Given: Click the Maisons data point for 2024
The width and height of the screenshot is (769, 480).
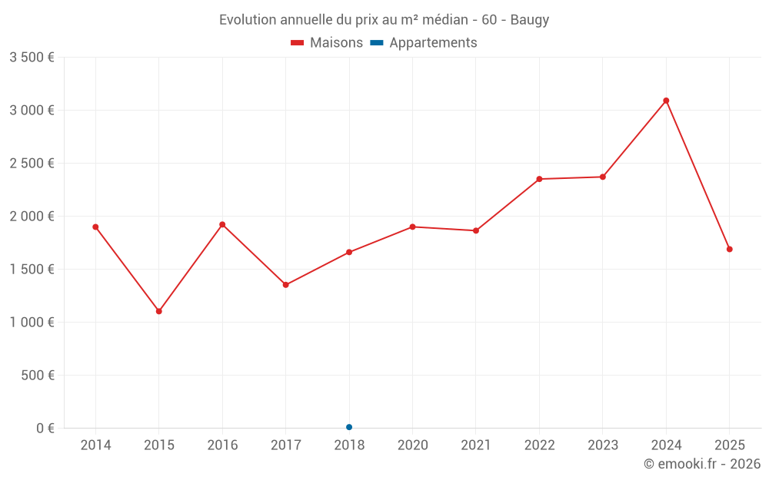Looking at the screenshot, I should click(x=666, y=101).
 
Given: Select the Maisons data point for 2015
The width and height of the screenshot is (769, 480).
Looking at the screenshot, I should click(x=159, y=311).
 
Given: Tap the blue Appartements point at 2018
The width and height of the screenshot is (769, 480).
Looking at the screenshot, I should click(x=349, y=427).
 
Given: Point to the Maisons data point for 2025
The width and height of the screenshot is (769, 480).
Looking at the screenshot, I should click(x=729, y=249).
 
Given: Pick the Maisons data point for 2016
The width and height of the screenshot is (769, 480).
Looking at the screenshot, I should click(x=222, y=224).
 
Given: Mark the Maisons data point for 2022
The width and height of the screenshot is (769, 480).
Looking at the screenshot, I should click(x=539, y=179).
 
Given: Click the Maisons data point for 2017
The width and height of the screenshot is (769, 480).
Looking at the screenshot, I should click(x=286, y=285).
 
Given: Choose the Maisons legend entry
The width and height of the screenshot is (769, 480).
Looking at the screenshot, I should click(x=327, y=43).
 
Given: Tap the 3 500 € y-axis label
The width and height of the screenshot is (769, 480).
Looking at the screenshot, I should click(x=32, y=58).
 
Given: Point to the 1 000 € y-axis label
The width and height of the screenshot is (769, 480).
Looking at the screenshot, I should click(x=32, y=323).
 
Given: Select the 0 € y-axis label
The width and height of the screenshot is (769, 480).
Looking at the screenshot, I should click(x=45, y=428).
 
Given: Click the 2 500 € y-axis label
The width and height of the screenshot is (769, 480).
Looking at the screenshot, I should click(x=32, y=164).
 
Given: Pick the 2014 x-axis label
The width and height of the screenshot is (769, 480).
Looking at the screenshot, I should click(x=95, y=445).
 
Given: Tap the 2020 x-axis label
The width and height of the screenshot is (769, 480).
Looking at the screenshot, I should click(x=412, y=445).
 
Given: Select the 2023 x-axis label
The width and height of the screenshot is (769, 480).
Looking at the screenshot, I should click(x=603, y=445).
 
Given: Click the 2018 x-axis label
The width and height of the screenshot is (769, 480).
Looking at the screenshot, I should click(x=349, y=445).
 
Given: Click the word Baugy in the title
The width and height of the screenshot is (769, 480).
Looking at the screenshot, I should click(x=530, y=20).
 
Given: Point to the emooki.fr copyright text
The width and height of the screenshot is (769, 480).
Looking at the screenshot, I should click(x=702, y=464).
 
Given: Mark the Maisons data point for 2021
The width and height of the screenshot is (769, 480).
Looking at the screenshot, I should click(x=476, y=230).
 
